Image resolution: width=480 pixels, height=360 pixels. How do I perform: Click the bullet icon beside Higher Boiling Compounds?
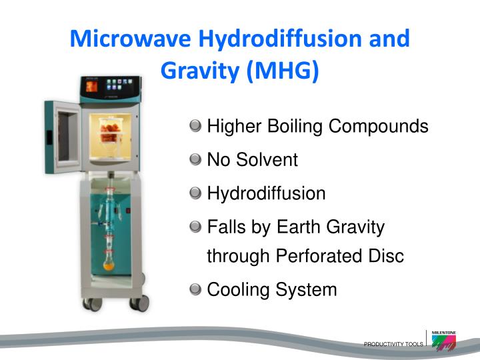pos(195,125)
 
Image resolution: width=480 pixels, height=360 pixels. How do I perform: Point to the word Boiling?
pos(287,126)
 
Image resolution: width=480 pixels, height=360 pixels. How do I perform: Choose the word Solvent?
pos(267,159)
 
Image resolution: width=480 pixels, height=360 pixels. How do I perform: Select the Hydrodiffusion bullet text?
pos(266,193)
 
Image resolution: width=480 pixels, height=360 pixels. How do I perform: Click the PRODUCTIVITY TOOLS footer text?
pos(393,344)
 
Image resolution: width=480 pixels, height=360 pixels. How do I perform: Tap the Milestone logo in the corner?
pos(443,341)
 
